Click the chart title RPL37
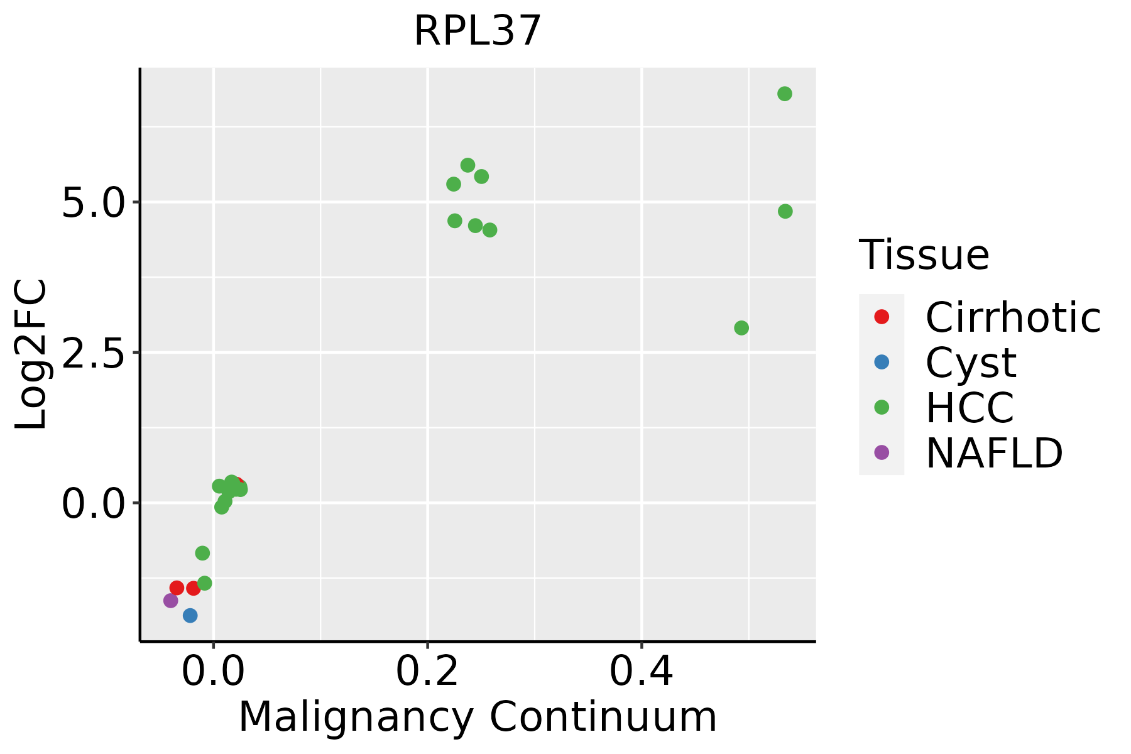click(x=478, y=31)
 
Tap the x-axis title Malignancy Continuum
click(x=478, y=718)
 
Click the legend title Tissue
click(x=924, y=255)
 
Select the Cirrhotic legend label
click(x=1013, y=318)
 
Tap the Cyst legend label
click(x=971, y=363)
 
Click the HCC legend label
click(x=970, y=408)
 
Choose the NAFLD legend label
click(x=994, y=453)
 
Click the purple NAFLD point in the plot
click(x=171, y=601)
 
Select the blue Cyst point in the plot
click(x=190, y=615)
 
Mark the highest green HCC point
click(x=785, y=94)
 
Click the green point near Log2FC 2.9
click(x=741, y=328)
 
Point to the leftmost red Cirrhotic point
click(x=177, y=588)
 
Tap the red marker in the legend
click(x=882, y=317)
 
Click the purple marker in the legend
click(x=882, y=452)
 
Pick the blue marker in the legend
click(x=882, y=362)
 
